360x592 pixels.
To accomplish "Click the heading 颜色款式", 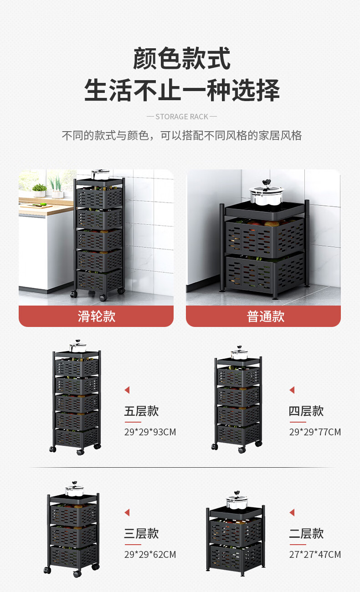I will click(x=181, y=59).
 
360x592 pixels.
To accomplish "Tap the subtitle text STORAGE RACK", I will click(x=181, y=117).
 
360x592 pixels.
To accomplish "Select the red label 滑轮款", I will click(x=96, y=316).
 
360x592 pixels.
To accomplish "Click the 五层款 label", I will click(x=141, y=411).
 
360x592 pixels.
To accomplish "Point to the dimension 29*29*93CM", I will click(x=150, y=432).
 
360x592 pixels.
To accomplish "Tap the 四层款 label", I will click(x=306, y=411).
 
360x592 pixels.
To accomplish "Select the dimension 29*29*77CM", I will click(x=315, y=432).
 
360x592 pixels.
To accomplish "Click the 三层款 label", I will click(x=141, y=533).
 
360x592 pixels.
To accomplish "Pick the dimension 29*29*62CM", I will click(x=150, y=554).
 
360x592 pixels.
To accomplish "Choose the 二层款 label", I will click(x=306, y=533).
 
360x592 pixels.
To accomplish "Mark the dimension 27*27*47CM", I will click(x=315, y=554).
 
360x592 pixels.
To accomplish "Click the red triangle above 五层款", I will click(x=127, y=390).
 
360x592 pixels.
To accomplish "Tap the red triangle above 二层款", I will click(x=292, y=513).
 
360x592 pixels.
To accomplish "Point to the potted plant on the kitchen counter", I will click(x=40, y=190).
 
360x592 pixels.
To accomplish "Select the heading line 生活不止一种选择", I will click(x=181, y=90).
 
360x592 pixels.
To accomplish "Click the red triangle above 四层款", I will click(x=292, y=390).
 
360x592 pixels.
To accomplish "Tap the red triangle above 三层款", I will click(x=127, y=513).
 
